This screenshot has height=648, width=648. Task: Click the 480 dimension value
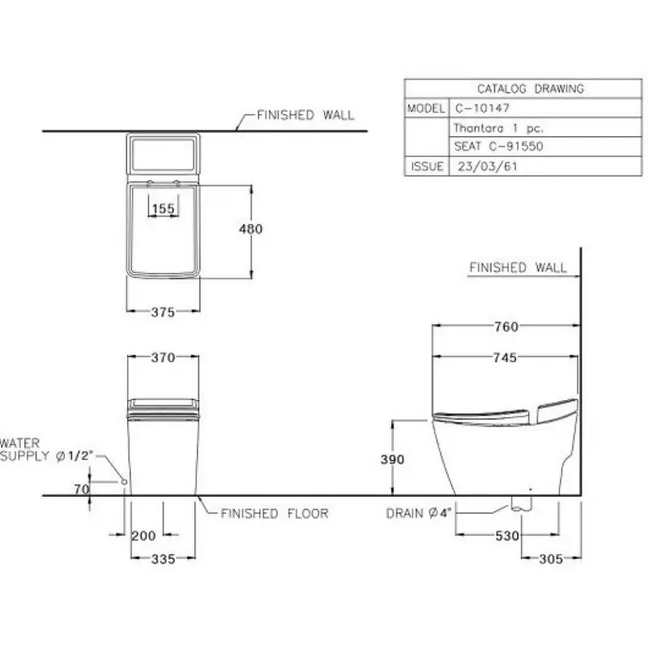pos(250,228)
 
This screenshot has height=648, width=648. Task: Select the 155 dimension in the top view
pos(164,208)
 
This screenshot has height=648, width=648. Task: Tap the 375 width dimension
pos(163,312)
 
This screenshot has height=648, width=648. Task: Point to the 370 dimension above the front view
pos(163,357)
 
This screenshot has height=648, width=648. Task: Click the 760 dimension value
pos(506,327)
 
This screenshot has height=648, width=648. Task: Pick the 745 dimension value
pos(505,357)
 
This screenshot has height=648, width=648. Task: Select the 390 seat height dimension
pos(392,459)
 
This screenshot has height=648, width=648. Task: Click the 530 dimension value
pos(507,535)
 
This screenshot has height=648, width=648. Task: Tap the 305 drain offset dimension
pos(551,559)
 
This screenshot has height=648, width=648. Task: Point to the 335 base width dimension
pos(164,559)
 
